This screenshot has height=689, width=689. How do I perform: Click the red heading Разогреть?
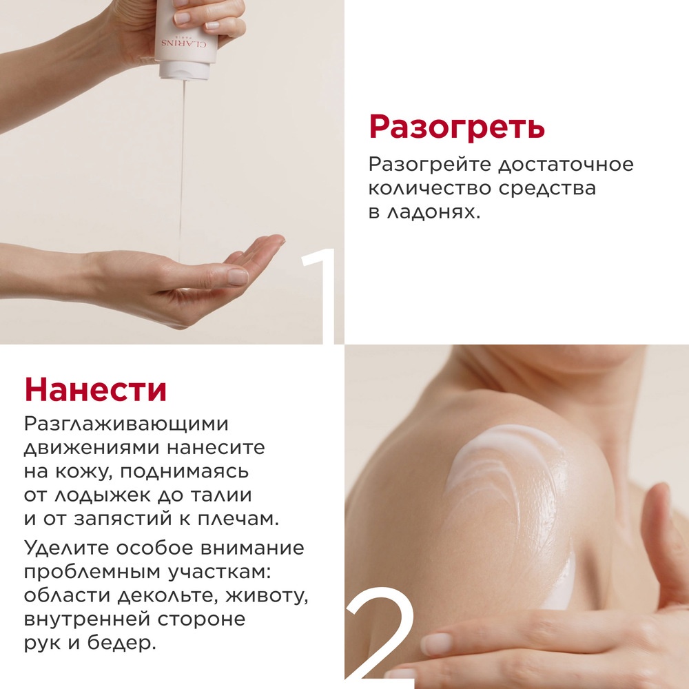[x=457, y=128]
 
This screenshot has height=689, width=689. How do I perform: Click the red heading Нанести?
[x=96, y=390]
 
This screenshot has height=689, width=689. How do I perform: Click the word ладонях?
[x=434, y=212]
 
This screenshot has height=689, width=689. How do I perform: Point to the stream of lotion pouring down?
[x=182, y=158]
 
